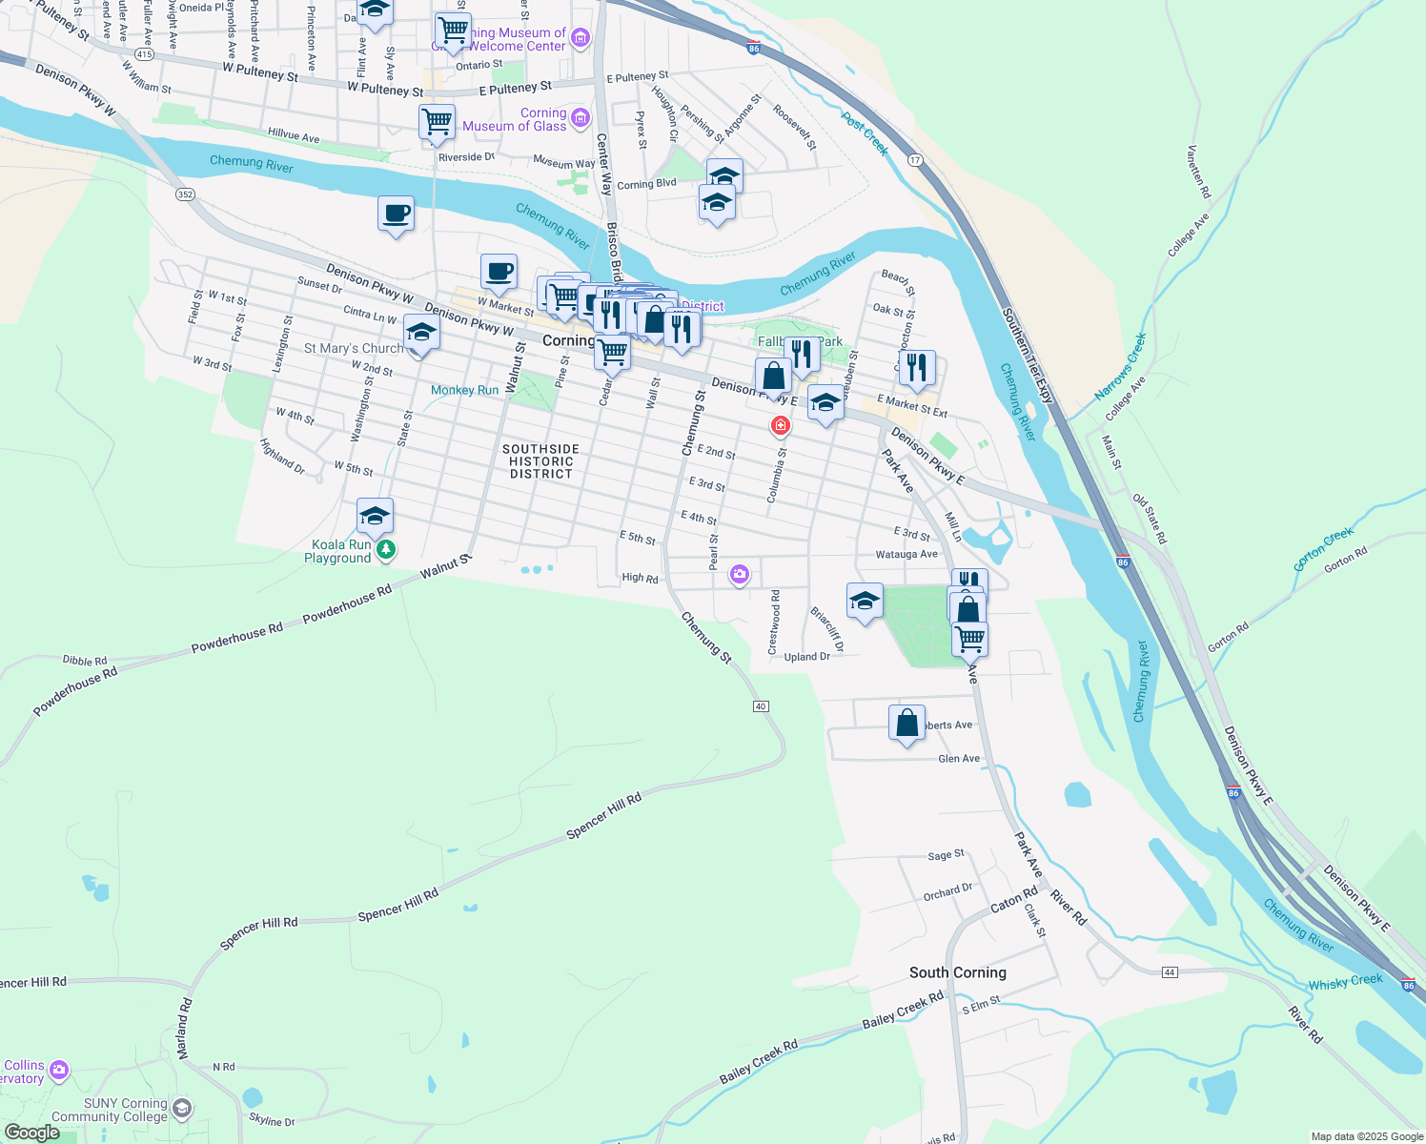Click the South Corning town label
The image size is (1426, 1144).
[957, 972]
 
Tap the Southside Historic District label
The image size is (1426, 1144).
[540, 461]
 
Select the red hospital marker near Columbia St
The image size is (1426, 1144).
[781, 425]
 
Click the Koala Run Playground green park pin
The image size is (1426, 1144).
[386, 549]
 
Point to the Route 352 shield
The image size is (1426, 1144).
[185, 194]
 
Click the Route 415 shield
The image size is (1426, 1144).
[144, 54]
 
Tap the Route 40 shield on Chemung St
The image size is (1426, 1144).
[760, 706]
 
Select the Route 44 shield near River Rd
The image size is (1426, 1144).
[1170, 971]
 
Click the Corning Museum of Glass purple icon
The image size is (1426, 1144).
[581, 118]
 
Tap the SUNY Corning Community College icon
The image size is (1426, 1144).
[181, 1109]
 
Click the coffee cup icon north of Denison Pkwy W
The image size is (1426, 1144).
[396, 214]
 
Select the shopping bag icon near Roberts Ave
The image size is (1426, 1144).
[907, 724]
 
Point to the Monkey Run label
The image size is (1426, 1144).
[464, 390]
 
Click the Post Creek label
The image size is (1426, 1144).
[865, 133]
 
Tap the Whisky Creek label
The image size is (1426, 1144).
[1345, 982]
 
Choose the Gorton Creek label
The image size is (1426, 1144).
[1323, 548]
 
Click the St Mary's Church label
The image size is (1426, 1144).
[354, 349]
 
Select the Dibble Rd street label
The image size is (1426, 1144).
[85, 661]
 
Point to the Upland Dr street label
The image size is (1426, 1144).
[806, 657]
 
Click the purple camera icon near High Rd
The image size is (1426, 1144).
[739, 575]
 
